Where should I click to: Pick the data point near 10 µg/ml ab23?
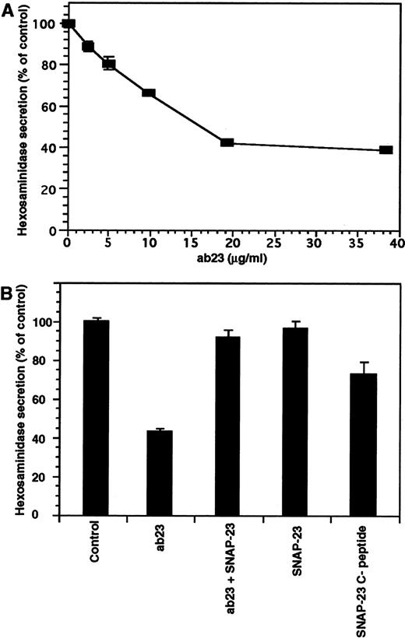point(148,93)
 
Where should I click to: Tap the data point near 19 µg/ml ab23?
point(227,142)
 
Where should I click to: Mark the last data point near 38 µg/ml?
point(385,149)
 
